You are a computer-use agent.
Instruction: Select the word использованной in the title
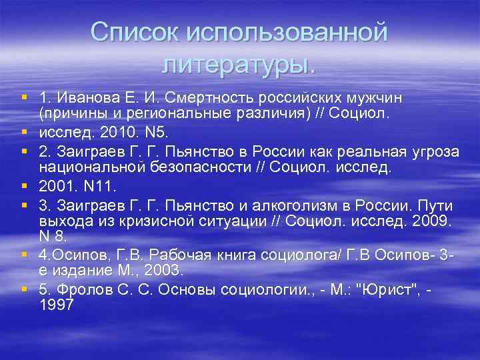pyautogui.click(x=287, y=33)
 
